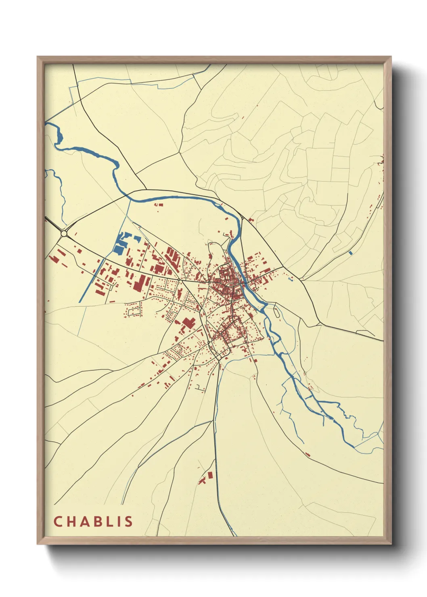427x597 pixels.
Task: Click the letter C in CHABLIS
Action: (x=58, y=522)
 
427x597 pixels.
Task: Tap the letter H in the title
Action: (x=71, y=522)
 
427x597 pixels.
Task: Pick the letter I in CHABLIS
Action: (x=120, y=522)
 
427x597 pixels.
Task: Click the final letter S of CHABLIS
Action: (x=129, y=522)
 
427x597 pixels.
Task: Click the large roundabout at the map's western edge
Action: (x=64, y=234)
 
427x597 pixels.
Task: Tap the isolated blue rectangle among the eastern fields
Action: (x=350, y=253)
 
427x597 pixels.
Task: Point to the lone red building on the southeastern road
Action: (x=308, y=455)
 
